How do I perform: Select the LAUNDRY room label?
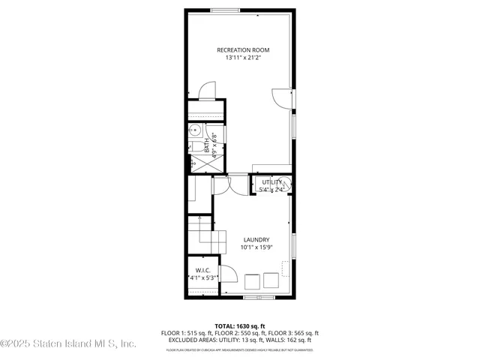256,239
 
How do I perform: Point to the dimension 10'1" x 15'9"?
256,247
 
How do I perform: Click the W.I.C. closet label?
202,270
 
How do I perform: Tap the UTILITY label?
271,182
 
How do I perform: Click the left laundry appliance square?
252,282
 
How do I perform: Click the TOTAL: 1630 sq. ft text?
239,326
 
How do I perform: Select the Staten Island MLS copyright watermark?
68,344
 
